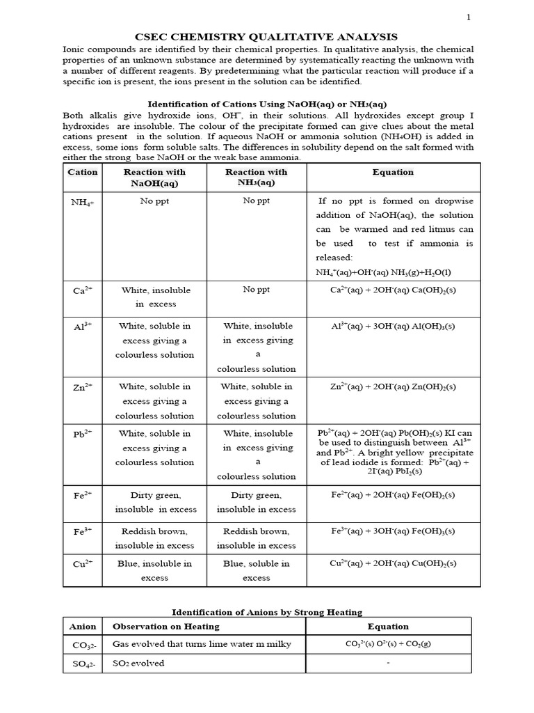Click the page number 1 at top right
(x=468, y=18)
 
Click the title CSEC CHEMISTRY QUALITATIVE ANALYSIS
(x=266, y=37)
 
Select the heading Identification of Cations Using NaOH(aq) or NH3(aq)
(x=266, y=104)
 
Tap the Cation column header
(x=83, y=172)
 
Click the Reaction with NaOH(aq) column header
(x=154, y=178)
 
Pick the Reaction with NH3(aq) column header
(x=256, y=178)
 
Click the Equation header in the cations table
(x=393, y=172)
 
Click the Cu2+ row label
(x=83, y=564)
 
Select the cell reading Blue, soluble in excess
(x=256, y=571)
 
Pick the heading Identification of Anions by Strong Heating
(x=267, y=612)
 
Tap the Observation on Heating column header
(x=156, y=627)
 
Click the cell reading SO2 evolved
(x=138, y=663)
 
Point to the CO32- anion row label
(x=83, y=645)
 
